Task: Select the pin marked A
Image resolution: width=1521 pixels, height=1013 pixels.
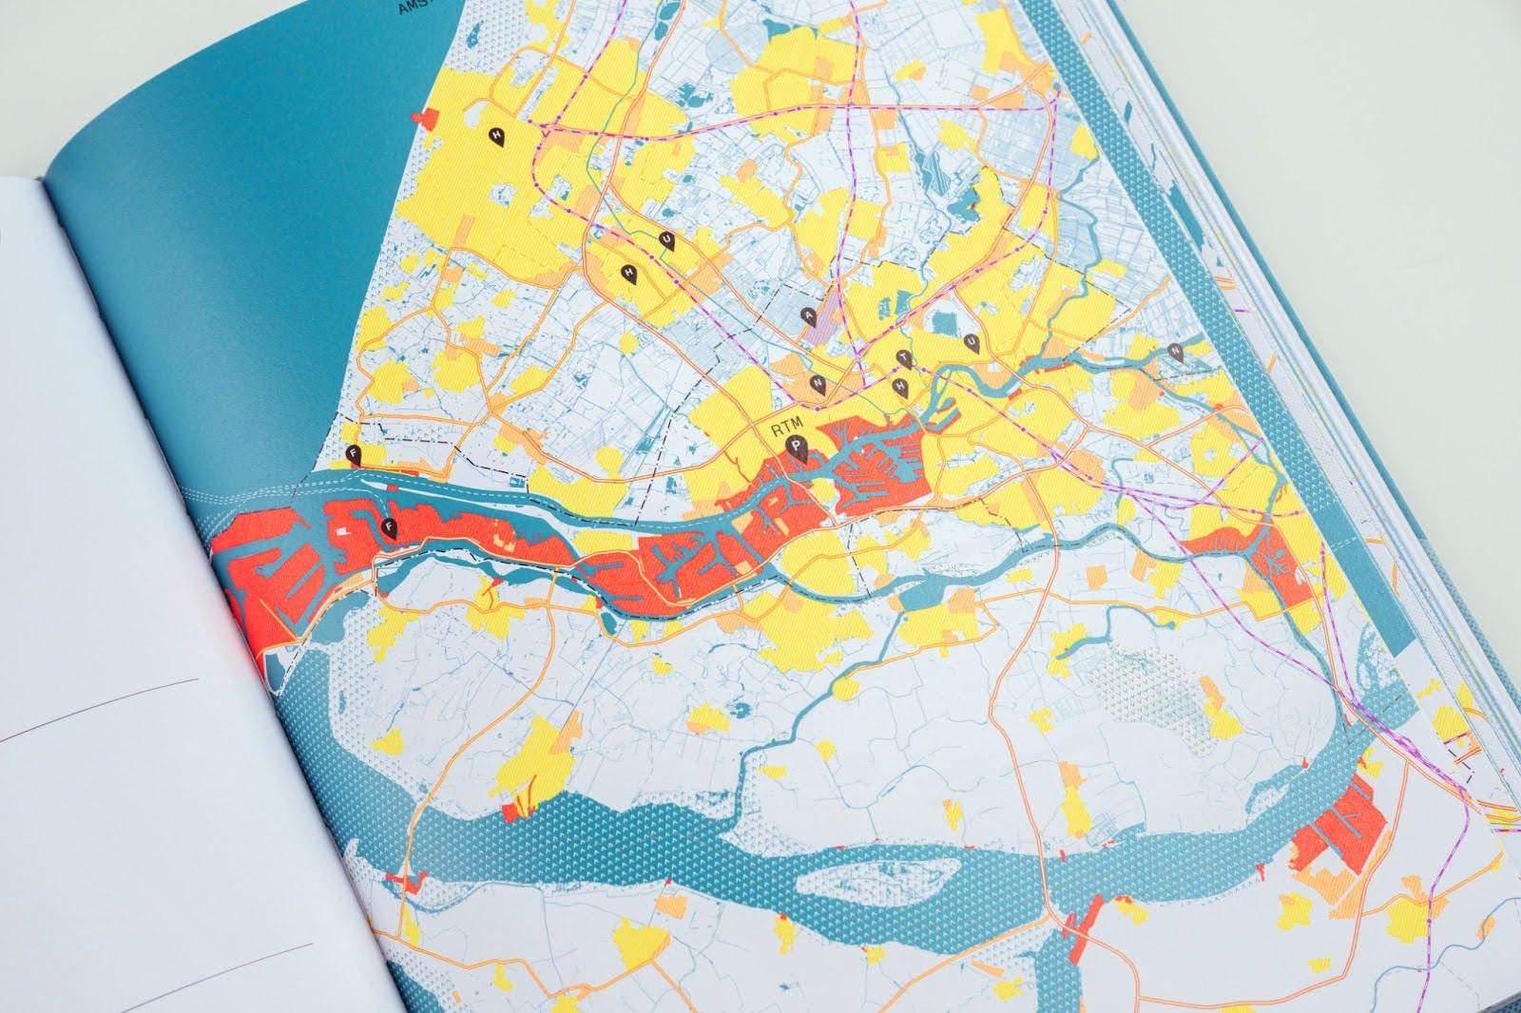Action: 809,317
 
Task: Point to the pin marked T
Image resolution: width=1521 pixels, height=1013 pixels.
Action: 905,358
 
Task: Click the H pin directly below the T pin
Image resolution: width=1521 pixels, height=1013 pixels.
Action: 900,386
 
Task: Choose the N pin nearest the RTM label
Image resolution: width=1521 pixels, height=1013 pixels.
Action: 817,383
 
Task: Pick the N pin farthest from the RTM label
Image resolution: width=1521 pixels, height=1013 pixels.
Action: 1177,353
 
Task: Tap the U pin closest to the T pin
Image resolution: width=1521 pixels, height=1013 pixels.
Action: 971,342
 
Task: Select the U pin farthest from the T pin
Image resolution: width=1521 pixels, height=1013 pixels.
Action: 666,240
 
